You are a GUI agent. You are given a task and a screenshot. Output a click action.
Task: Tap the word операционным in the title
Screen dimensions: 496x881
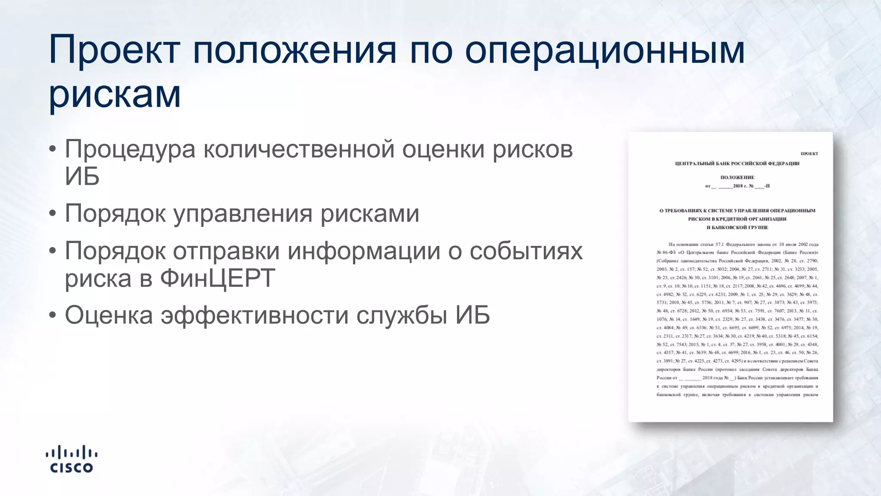coord(604,50)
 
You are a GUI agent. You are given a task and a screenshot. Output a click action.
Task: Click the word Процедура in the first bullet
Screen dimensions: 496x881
coord(130,150)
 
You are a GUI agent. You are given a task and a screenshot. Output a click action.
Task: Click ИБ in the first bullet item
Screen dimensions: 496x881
coord(82,177)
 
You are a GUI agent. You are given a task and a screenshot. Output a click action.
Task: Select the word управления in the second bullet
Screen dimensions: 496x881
coord(243,214)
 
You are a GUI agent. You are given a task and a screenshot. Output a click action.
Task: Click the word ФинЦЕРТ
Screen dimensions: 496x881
coord(218,278)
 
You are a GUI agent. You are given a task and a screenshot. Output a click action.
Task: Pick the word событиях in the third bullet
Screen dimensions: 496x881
coord(526,251)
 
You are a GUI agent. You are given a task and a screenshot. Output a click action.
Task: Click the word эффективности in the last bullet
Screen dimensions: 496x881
coord(254,315)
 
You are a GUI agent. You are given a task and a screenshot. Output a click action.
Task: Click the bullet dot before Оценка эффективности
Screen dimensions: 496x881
coord(52,315)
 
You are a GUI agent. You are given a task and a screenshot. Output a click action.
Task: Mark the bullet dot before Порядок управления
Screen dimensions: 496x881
coord(52,214)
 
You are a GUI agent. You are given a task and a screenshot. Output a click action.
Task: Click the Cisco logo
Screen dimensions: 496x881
coord(71,459)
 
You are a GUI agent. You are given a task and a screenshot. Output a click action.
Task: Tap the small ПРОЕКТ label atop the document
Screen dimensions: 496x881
coord(809,154)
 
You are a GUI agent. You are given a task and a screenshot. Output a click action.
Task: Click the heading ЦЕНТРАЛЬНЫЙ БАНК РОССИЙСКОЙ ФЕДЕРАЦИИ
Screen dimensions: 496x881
coord(737,164)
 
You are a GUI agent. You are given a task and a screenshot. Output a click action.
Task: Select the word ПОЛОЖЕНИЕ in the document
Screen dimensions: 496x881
coord(737,177)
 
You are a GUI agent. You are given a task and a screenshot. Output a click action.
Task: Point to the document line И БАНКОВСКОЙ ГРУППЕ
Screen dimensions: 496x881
coord(737,227)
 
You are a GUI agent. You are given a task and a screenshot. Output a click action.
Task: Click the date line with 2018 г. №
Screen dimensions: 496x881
coord(737,186)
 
